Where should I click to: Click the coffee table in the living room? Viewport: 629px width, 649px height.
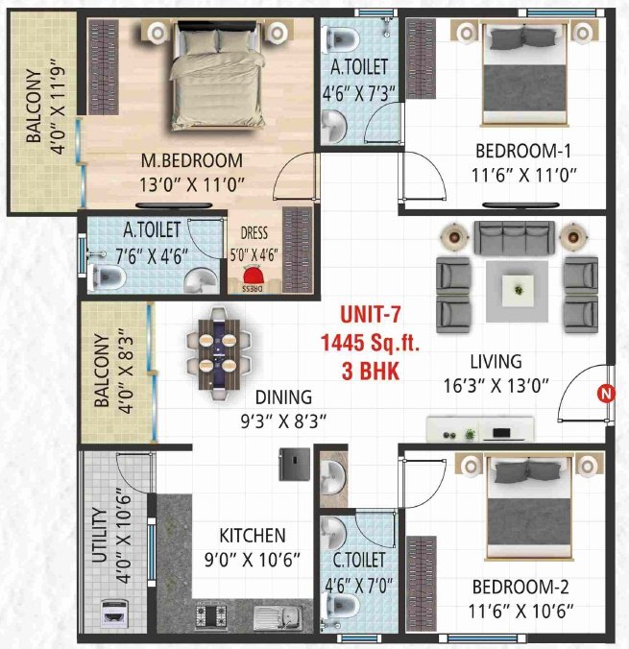pos(519,287)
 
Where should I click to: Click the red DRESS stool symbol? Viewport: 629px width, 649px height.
pos(251,281)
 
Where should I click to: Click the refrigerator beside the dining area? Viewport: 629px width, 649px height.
pos(293,464)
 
